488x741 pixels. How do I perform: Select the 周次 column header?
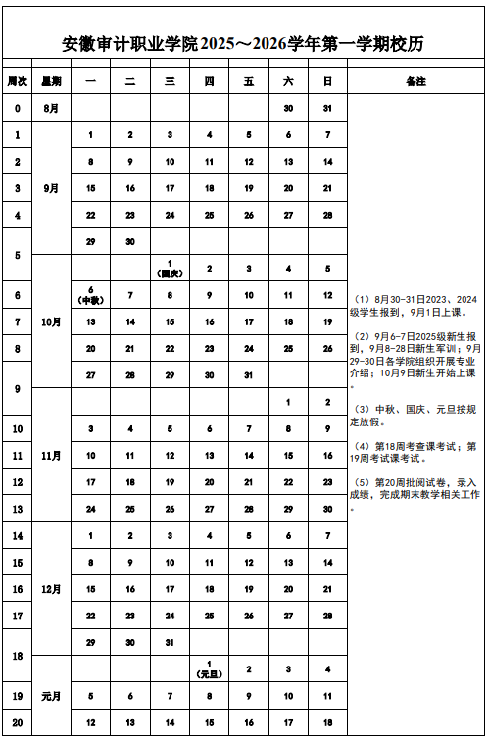(x=17, y=80)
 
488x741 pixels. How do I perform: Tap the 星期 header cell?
(x=51, y=80)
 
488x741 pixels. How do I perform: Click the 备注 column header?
(x=415, y=80)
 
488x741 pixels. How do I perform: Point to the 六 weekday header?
(x=288, y=80)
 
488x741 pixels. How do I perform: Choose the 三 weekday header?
(x=170, y=80)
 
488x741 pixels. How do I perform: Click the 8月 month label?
(x=51, y=108)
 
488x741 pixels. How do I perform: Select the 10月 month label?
(x=51, y=321)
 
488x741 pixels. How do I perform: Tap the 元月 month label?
(x=51, y=696)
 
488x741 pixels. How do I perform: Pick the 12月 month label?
(x=51, y=589)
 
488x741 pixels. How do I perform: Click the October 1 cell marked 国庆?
(x=170, y=269)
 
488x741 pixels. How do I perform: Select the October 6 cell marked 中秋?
(x=90, y=295)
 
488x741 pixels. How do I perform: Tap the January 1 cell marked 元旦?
(x=209, y=669)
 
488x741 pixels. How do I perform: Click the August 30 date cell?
(x=288, y=108)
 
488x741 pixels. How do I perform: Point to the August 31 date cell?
(x=327, y=108)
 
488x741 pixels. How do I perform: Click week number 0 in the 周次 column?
(x=17, y=108)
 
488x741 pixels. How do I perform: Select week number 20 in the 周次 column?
(x=17, y=722)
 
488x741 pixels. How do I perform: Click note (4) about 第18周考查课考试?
(x=415, y=453)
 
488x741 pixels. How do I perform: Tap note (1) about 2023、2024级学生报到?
(x=415, y=305)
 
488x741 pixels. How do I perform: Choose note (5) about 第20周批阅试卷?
(x=415, y=489)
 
